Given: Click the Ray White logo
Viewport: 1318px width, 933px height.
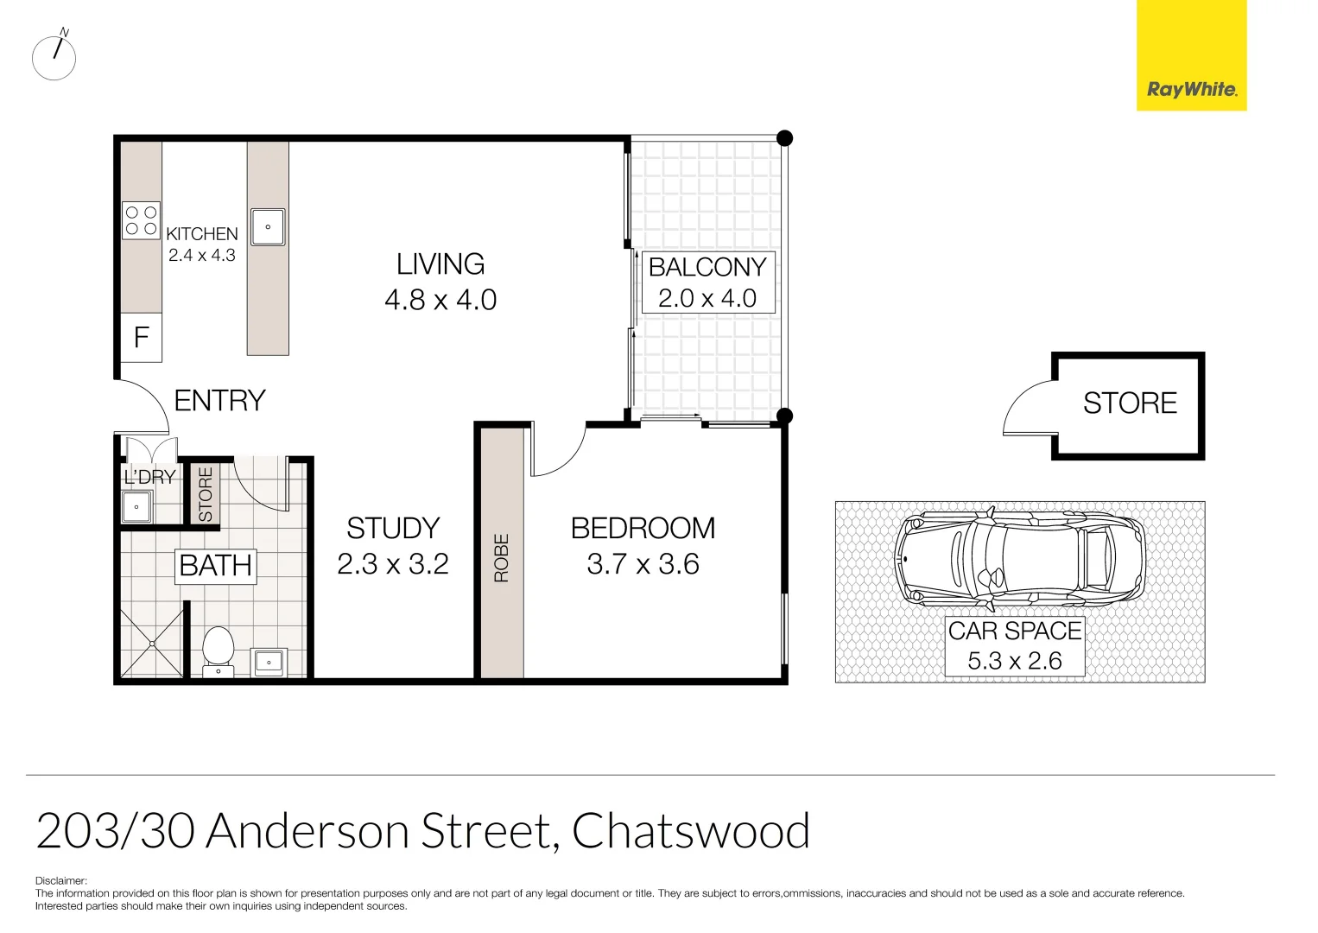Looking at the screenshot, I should pos(1190,55).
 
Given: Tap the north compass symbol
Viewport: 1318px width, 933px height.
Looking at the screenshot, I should pos(54,58).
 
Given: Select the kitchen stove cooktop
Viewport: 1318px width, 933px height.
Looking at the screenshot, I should pos(141,220).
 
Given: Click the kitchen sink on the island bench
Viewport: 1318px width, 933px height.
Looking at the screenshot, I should pos(268,227).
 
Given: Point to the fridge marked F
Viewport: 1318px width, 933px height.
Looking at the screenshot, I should pos(141,337).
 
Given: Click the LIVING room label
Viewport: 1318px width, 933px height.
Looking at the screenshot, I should pos(440,264).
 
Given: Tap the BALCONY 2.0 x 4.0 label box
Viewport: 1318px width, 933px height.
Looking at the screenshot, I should pos(707,282).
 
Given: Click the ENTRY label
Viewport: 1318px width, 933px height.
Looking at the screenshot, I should pos(219,401).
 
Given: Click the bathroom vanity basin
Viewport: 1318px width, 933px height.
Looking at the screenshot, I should pos(269,663).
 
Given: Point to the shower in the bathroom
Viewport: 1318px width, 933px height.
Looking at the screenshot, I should pos(153,644).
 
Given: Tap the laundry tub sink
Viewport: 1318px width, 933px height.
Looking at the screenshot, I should pos(136,507).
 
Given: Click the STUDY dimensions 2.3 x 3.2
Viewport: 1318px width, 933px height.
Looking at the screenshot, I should pos(392,564).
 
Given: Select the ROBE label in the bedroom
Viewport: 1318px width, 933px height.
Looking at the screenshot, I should pos(501,558).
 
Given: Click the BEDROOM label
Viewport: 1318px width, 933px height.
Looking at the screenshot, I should pos(643,528).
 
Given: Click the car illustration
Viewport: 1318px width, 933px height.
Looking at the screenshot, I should pos(1019,557).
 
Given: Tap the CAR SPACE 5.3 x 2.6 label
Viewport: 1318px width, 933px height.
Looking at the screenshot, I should pos(1015,645).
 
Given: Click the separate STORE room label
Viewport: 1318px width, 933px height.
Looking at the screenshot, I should pos(1130,403).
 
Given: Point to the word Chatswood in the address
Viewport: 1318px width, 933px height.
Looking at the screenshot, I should pos(690,831).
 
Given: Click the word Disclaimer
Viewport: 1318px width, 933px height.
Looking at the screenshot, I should pos(61,881).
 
